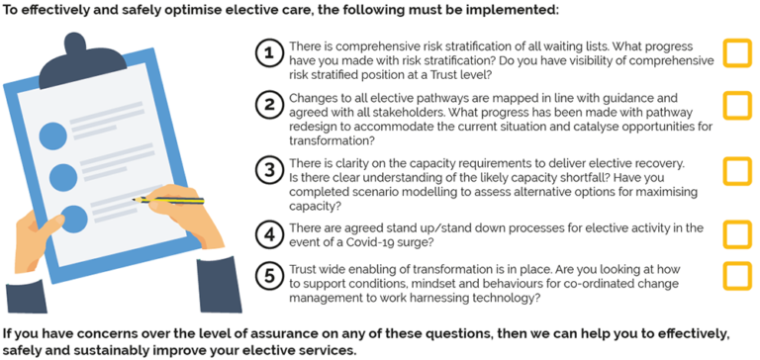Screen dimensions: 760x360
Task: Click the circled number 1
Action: [268, 53]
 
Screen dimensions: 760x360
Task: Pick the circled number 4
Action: [268, 234]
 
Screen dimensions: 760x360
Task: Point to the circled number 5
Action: [268, 274]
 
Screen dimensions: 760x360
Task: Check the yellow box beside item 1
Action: [737, 53]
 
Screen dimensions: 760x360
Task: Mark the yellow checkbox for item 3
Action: [737, 170]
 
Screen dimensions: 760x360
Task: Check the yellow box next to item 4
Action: [737, 234]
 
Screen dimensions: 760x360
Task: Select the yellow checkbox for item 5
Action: [737, 274]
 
